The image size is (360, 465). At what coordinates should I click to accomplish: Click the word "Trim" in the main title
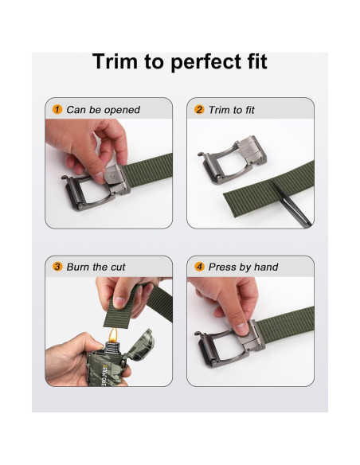click(x=115, y=61)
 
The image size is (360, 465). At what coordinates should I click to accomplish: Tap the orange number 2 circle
click(x=199, y=110)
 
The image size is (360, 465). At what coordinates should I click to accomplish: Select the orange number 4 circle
click(x=199, y=267)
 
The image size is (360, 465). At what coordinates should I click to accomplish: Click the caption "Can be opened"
click(x=103, y=110)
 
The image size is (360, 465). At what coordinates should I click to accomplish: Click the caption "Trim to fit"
click(x=232, y=110)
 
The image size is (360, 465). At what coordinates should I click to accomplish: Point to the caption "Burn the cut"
click(x=96, y=267)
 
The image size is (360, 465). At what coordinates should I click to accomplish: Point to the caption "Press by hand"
click(x=243, y=267)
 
